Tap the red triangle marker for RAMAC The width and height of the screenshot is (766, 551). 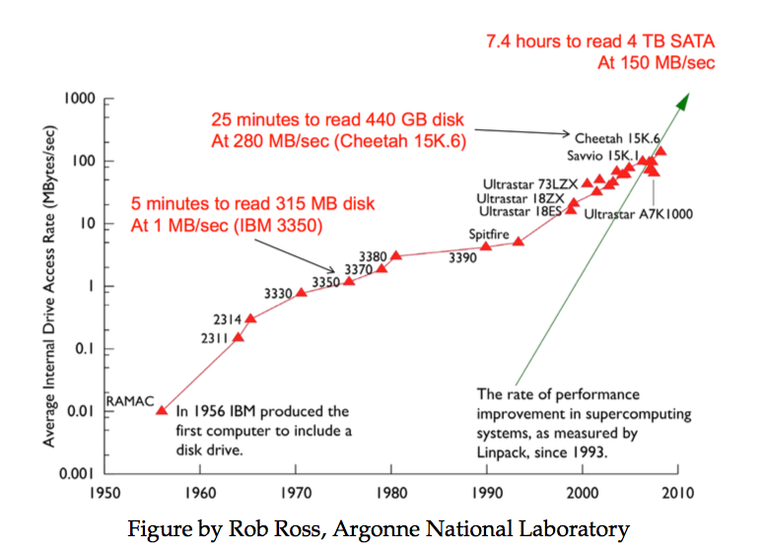click(x=162, y=409)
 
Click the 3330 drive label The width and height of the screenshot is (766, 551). click(x=281, y=294)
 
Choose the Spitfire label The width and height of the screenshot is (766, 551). click(x=491, y=234)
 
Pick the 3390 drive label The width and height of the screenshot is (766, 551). click(x=463, y=257)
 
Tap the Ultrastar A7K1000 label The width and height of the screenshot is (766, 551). click(x=638, y=212)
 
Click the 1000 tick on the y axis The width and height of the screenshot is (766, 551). click(x=79, y=99)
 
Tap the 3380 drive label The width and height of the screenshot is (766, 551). click(x=372, y=255)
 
